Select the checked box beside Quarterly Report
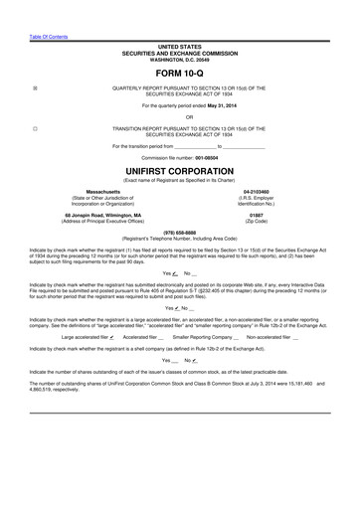click(36, 88)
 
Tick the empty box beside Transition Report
click(36, 128)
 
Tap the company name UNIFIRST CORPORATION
click(179, 171)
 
